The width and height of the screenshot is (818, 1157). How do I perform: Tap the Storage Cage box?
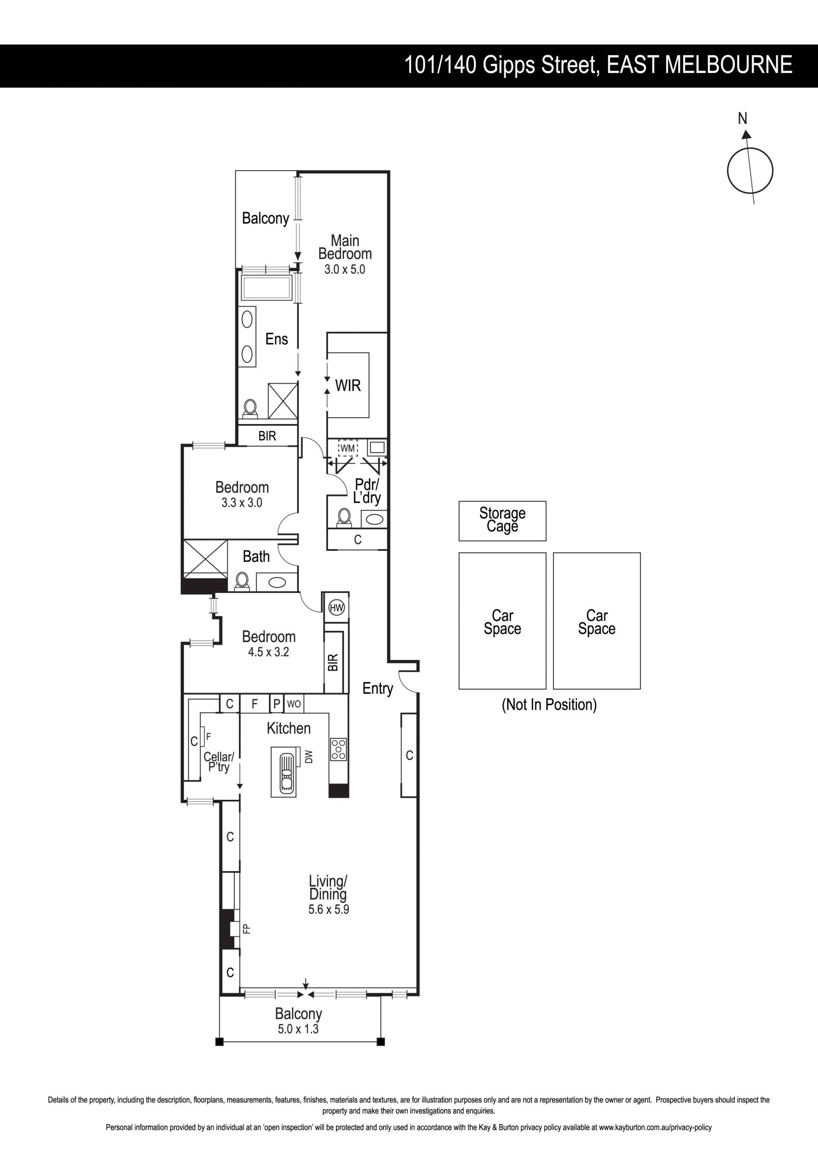tap(502, 521)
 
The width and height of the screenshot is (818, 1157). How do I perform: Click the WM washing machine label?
tap(348, 448)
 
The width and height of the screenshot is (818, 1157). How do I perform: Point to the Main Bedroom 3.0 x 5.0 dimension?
tap(345, 269)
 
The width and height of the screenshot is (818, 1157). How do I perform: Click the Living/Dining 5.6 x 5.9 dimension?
tap(329, 910)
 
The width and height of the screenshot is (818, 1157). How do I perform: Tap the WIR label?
tap(348, 386)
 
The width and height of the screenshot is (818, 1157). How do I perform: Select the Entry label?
tap(378, 689)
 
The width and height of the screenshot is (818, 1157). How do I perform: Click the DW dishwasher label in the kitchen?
tap(309, 756)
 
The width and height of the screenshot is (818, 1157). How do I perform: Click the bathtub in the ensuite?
tap(267, 288)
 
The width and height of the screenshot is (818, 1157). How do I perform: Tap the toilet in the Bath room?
tap(242, 581)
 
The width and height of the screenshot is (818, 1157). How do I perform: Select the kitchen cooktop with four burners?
tap(338, 749)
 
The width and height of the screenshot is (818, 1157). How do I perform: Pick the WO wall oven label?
tap(294, 703)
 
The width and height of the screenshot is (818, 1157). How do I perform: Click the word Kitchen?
tap(288, 728)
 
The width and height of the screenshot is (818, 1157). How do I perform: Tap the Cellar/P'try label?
tap(219, 761)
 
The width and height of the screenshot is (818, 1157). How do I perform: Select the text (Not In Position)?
tap(549, 705)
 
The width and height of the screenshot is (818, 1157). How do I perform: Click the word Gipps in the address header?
tap(509, 66)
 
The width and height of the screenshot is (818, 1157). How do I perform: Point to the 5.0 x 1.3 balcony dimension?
tap(298, 1029)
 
